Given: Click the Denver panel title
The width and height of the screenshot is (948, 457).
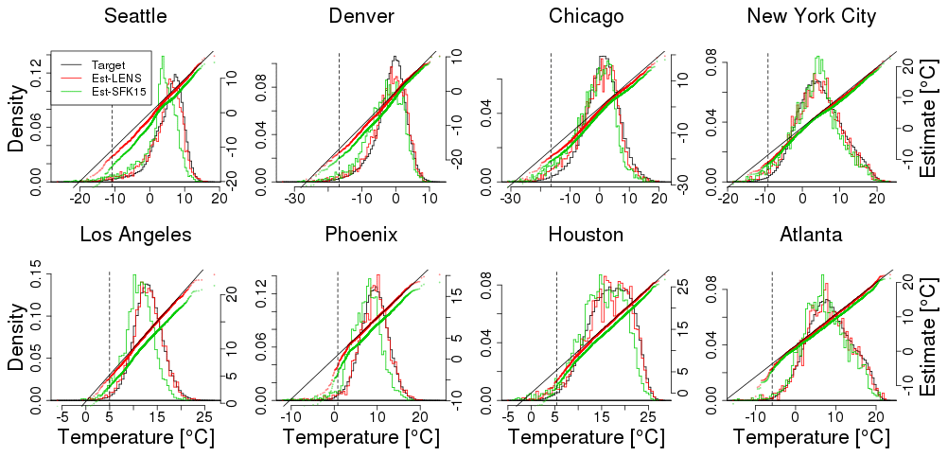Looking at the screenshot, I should [x=361, y=16].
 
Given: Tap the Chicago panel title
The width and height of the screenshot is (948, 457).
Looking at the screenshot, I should [x=586, y=16].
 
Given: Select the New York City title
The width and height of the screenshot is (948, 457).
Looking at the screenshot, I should [x=811, y=16].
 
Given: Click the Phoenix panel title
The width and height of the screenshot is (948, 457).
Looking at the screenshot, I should [x=361, y=235].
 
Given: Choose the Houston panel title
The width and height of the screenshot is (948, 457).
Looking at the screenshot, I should [x=586, y=235].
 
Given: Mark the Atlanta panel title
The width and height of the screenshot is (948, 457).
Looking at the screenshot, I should [x=811, y=235].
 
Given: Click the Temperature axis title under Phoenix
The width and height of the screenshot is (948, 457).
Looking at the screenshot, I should [x=361, y=438].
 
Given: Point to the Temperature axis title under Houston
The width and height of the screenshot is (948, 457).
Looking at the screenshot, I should [x=586, y=438].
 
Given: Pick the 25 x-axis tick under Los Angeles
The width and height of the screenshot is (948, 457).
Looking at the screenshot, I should [x=202, y=415].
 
